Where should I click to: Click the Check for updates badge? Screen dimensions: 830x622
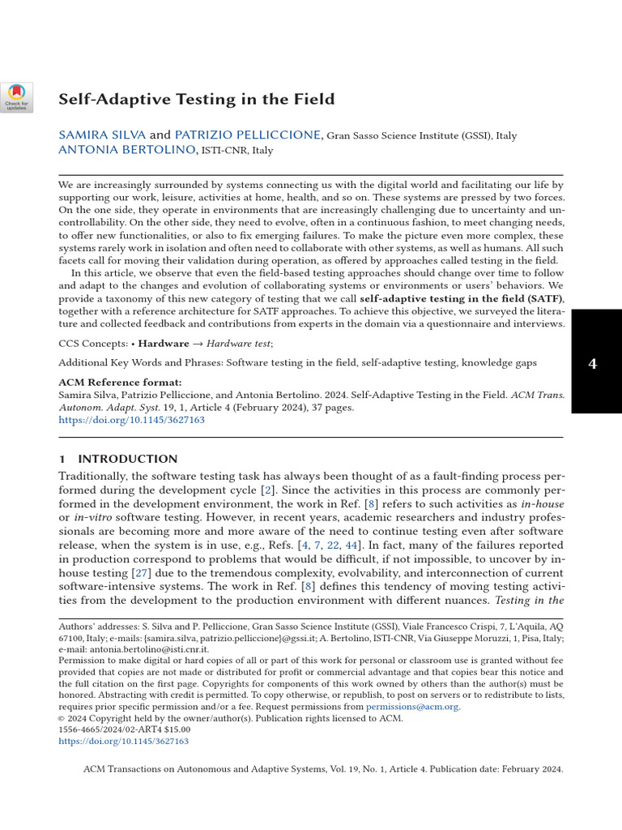[16, 97]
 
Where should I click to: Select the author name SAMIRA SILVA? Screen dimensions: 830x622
[101, 135]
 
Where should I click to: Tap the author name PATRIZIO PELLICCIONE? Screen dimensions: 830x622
[249, 135]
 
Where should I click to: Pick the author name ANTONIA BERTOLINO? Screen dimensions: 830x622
[126, 150]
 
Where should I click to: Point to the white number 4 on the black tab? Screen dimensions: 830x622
[592, 364]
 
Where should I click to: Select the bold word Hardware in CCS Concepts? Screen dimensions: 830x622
[167, 344]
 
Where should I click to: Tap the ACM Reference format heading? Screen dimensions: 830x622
[121, 383]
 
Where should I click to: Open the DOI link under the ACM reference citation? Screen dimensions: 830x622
[132, 421]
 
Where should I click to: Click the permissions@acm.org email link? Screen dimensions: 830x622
[412, 707]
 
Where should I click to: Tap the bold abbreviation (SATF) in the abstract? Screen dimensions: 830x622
[542, 298]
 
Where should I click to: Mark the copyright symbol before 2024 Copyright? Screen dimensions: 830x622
[62, 718]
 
